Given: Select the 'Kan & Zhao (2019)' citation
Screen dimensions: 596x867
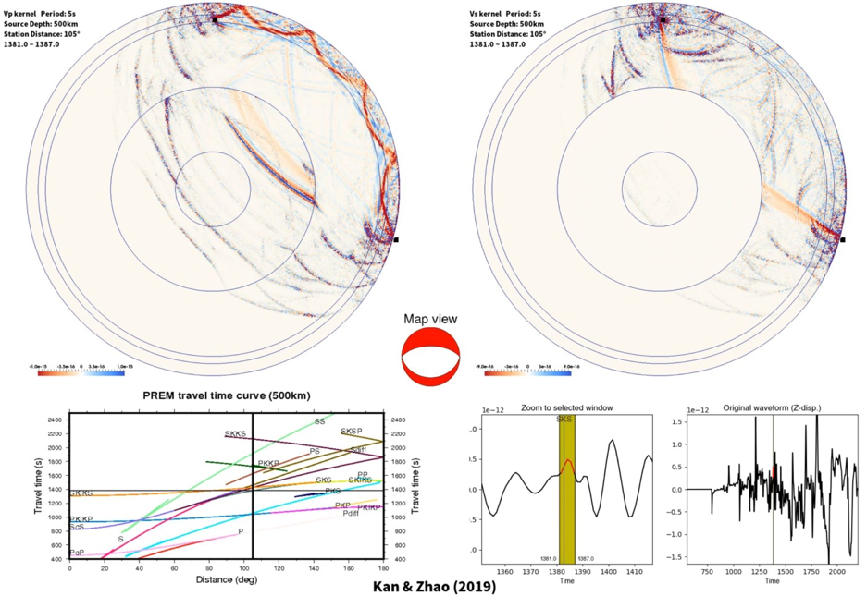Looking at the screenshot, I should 432,586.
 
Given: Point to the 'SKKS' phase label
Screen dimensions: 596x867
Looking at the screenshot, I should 235,433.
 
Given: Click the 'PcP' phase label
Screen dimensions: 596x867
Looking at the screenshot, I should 77,553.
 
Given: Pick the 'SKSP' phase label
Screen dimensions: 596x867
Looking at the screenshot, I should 351,432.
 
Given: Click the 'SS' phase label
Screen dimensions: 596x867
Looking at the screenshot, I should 319,421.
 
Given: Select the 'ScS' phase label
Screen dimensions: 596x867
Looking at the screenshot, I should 77,527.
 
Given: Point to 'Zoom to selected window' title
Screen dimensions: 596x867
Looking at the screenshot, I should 566,407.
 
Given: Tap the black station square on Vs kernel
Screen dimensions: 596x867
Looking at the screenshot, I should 843,240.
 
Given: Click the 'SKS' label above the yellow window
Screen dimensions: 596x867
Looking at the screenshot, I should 564,420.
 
